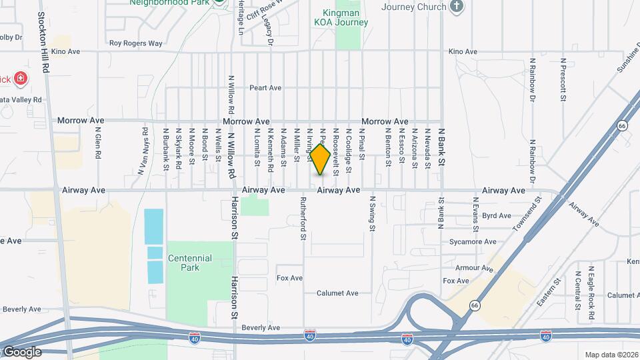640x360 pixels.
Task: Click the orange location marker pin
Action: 320,159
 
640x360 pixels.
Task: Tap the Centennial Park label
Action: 190,263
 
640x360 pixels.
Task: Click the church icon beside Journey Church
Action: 457,7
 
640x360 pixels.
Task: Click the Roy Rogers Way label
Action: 136,43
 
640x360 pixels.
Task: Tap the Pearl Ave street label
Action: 265,87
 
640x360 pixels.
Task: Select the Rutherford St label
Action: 303,218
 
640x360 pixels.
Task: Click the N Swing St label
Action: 372,213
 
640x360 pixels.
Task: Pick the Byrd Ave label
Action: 496,216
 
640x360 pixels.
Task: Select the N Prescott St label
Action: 563,79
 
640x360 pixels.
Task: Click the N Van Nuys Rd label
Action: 143,151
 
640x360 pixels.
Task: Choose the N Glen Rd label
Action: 97,142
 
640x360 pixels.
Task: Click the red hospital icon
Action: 21,79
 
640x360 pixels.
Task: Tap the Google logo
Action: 21,352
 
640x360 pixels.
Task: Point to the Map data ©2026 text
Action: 611,355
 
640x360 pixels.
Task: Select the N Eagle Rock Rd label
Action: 591,289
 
